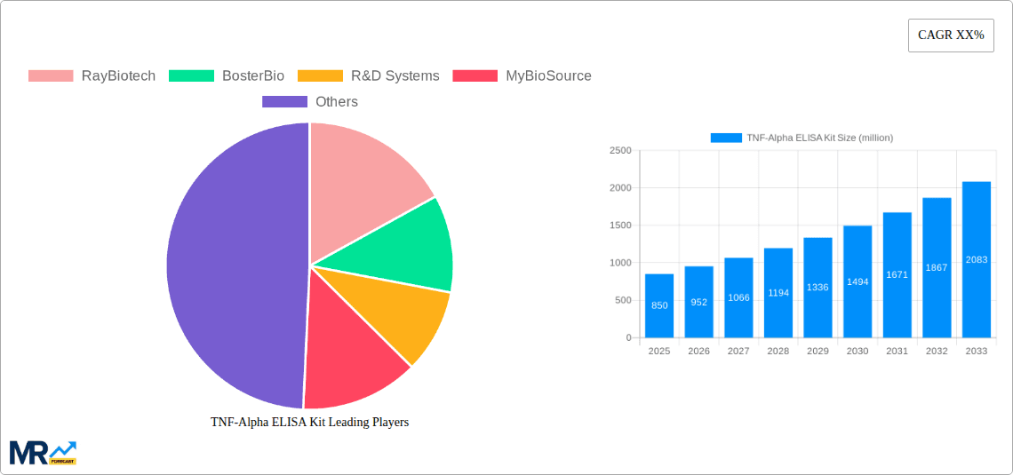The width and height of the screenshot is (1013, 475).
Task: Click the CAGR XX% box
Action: [951, 36]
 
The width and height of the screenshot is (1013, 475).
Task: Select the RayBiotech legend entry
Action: [92, 75]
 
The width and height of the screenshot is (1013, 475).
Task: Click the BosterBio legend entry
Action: [227, 75]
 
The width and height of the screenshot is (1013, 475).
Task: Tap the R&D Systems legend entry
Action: [369, 75]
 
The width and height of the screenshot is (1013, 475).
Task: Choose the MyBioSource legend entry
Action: [522, 75]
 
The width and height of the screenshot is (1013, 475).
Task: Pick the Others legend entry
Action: [310, 101]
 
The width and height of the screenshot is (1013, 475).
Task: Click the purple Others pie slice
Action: [231, 266]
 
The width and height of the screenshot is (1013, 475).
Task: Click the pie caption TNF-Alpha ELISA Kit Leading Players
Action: [309, 423]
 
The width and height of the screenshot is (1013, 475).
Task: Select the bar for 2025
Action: [659, 305]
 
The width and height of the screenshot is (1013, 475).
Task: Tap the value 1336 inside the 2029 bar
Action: [818, 288]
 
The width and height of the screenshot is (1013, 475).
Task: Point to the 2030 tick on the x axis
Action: [857, 352]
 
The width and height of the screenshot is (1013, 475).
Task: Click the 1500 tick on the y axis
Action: [621, 226]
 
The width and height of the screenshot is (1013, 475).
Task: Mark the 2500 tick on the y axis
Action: [621, 151]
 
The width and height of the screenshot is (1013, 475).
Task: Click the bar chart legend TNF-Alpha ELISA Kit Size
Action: [802, 138]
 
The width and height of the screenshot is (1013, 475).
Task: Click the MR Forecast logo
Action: [43, 452]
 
